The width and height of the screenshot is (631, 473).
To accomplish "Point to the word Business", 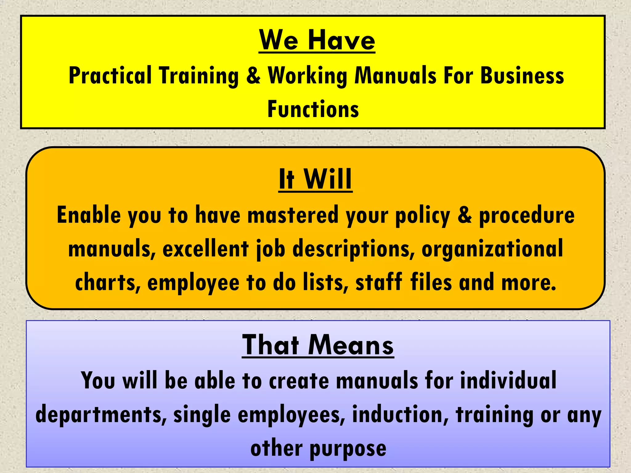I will pyautogui.click(x=522, y=75).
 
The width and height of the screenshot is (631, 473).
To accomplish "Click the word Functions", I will pyautogui.click(x=313, y=109).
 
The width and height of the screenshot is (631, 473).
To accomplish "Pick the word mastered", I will pyautogui.click(x=293, y=215).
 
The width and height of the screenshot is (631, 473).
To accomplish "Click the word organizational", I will pyautogui.click(x=492, y=249).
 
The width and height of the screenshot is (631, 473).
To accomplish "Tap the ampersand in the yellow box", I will pyautogui.click(x=253, y=75).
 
